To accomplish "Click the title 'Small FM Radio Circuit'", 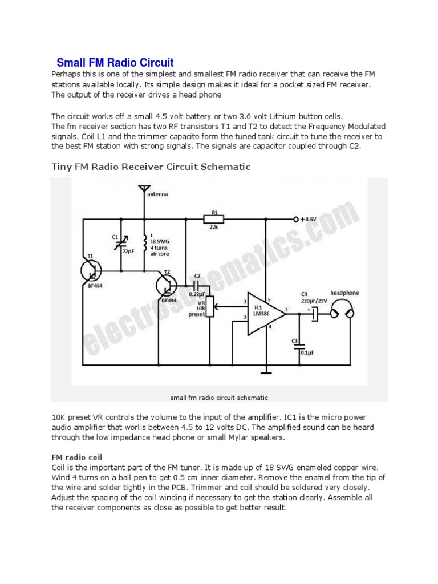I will pyautogui.click(x=115, y=62).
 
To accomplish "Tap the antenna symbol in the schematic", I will pyautogui.click(x=144, y=189).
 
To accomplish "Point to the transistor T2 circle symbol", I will pyautogui.click(x=168, y=285).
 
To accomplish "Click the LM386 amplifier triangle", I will pyautogui.click(x=264, y=312).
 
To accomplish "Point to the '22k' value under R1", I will pyautogui.click(x=214, y=227).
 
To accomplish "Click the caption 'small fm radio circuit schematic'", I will pyautogui.click(x=219, y=397).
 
